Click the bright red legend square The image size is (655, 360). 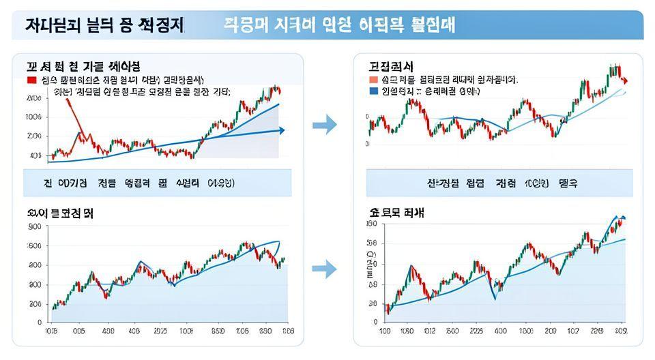[x=31, y=80]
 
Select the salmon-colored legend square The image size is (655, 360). [x=373, y=80]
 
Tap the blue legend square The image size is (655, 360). [x=373, y=90]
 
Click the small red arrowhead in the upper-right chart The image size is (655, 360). [x=626, y=81]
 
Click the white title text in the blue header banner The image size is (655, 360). [x=339, y=25]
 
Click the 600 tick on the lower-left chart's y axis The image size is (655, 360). [x=35, y=245]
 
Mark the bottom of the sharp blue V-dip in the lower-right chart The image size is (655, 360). [x=495, y=299]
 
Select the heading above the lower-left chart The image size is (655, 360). [x=60, y=213]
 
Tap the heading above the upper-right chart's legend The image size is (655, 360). [x=391, y=66]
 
